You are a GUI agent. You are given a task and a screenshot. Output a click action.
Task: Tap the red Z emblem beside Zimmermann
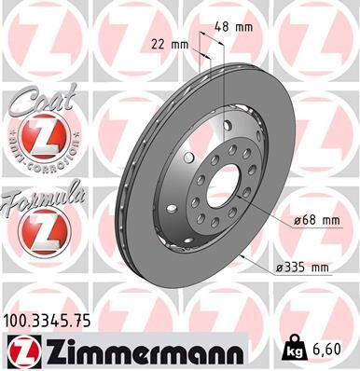coord(21,350)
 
